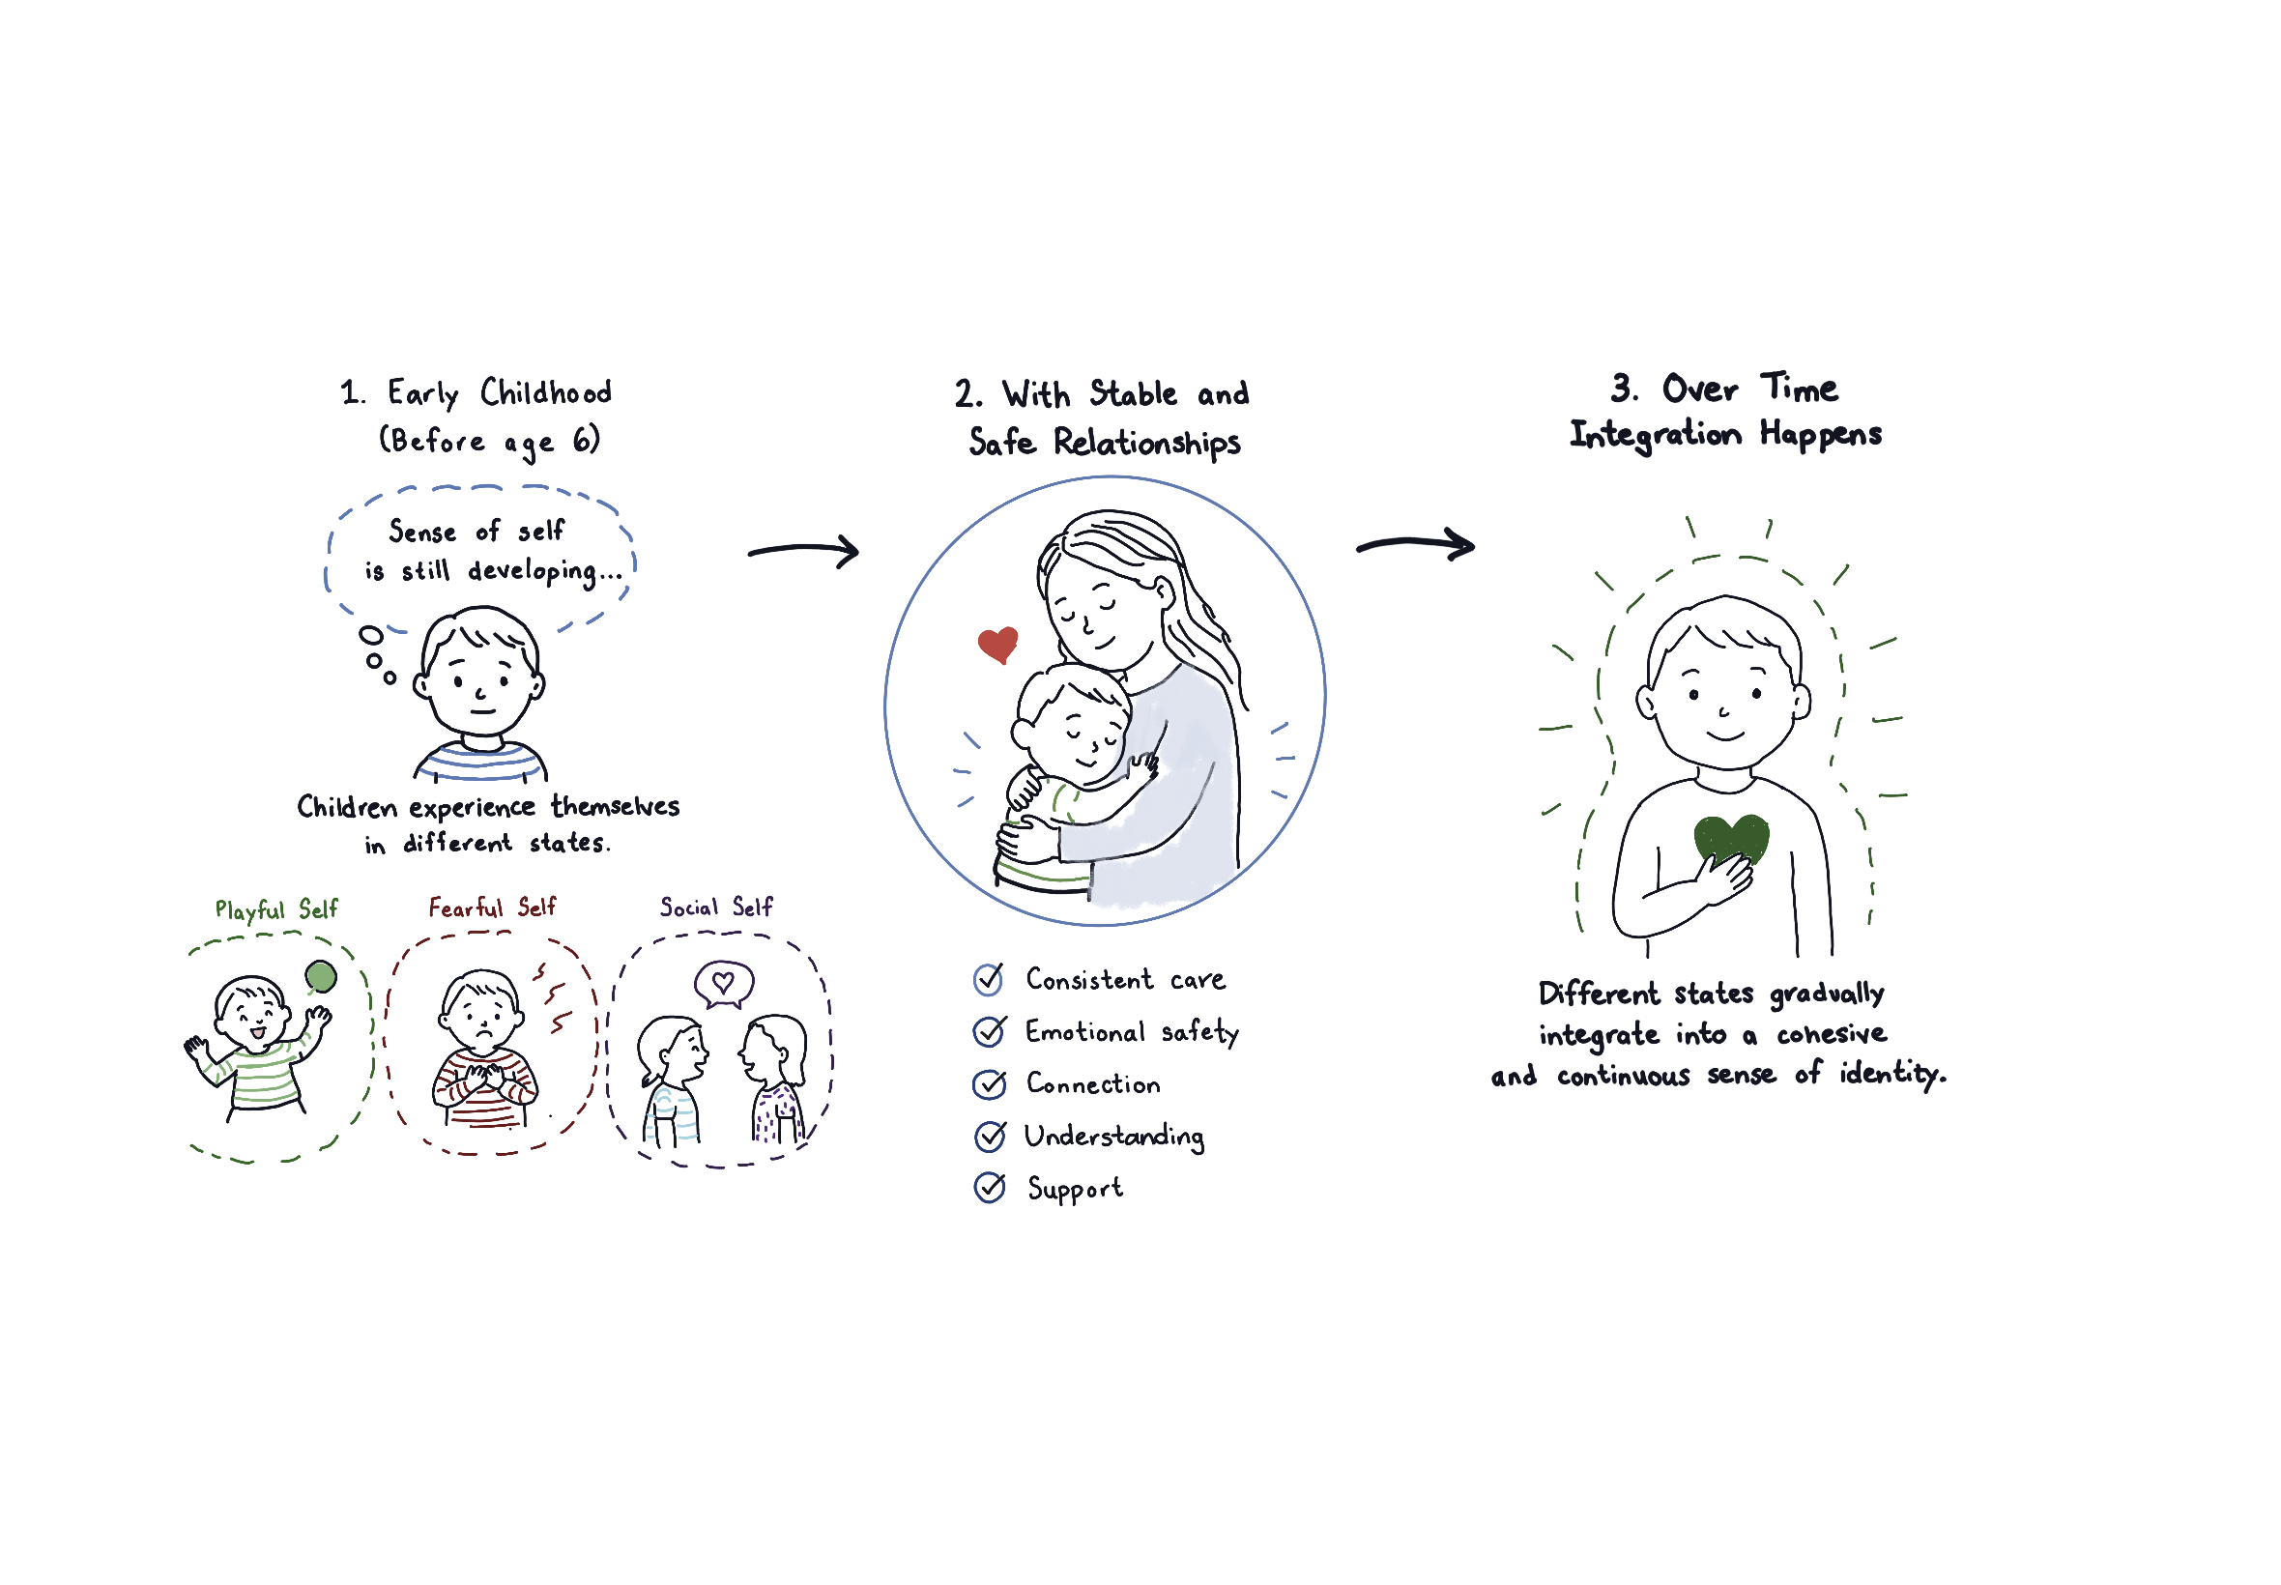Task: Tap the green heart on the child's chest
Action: (x=1729, y=837)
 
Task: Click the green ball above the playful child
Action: (x=320, y=975)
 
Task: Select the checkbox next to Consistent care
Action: (x=987, y=979)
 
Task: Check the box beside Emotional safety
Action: (x=988, y=1031)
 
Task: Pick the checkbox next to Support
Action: (x=989, y=1187)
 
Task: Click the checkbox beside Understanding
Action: (x=989, y=1136)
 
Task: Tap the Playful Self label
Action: (x=276, y=909)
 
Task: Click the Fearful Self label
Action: (x=492, y=907)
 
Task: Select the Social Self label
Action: (x=715, y=907)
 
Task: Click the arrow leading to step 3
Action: (x=1414, y=544)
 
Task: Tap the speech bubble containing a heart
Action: (x=723, y=983)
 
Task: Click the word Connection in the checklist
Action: (x=1092, y=1083)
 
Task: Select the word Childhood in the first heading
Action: (x=545, y=392)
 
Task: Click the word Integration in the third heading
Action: (x=1655, y=435)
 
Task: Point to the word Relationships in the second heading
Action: (x=1146, y=442)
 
